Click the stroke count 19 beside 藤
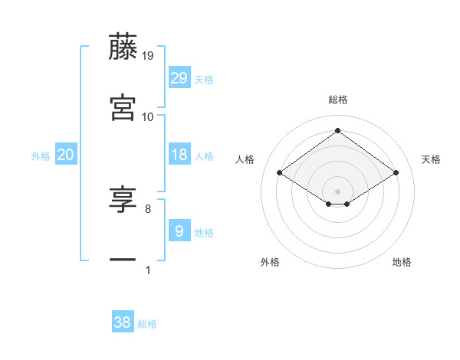pyautogui.click(x=148, y=56)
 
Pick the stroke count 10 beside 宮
pyautogui.click(x=148, y=116)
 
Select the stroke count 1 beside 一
pyautogui.click(x=148, y=270)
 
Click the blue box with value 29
pyautogui.click(x=179, y=78)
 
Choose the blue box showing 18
pyautogui.click(x=179, y=155)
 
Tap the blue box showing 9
pyautogui.click(x=179, y=231)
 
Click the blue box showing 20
pyautogui.click(x=66, y=155)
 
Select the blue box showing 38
pyautogui.click(x=123, y=323)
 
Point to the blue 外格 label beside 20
pyautogui.click(x=41, y=156)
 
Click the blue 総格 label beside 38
pyautogui.click(x=147, y=325)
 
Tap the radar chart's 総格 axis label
pyautogui.click(x=338, y=100)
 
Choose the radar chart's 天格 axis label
pyautogui.click(x=431, y=159)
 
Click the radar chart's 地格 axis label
pyautogui.click(x=402, y=263)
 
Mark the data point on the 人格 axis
pyautogui.click(x=280, y=173)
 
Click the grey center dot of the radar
pyautogui.click(x=338, y=190)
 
